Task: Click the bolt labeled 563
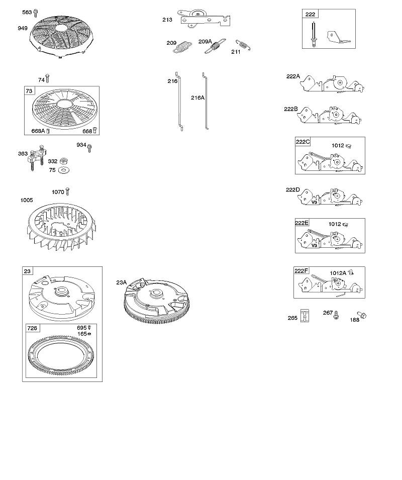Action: click(x=36, y=13)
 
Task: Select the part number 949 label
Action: click(x=23, y=28)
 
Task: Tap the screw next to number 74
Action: click(x=47, y=78)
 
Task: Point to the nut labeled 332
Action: click(x=64, y=161)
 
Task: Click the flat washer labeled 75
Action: click(x=64, y=170)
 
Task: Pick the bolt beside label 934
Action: click(x=89, y=148)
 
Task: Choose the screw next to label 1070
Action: click(x=68, y=191)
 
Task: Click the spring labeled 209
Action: click(x=182, y=47)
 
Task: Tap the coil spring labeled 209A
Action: click(x=216, y=46)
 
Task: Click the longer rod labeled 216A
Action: click(x=205, y=101)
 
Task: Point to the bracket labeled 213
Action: click(x=205, y=19)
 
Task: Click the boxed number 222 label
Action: click(x=310, y=14)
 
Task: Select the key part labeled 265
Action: click(x=305, y=316)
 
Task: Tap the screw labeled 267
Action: click(x=336, y=315)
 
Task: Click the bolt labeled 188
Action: click(x=362, y=315)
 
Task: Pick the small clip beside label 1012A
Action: click(x=351, y=272)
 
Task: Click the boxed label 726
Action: click(x=32, y=328)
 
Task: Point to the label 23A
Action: click(x=122, y=282)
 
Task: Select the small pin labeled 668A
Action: click(x=48, y=131)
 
